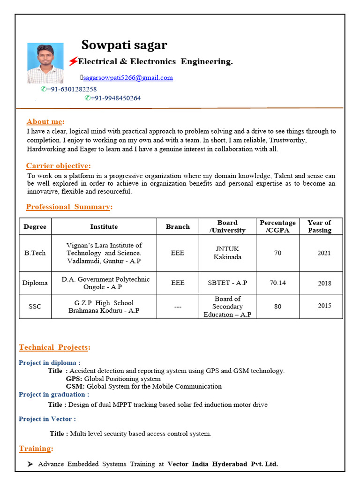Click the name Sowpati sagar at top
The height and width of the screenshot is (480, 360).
pyautogui.click(x=124, y=45)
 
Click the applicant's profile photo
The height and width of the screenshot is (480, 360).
pyautogui.click(x=45, y=63)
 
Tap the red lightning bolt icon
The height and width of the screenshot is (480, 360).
pyautogui.click(x=73, y=61)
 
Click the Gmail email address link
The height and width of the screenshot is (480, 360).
pyautogui.click(x=127, y=78)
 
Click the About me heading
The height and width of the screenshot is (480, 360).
pyautogui.click(x=45, y=122)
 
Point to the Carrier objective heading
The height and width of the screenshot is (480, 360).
pyautogui.click(x=57, y=166)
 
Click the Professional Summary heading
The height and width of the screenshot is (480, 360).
pyautogui.click(x=68, y=207)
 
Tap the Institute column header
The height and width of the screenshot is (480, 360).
pyautogui.click(x=104, y=226)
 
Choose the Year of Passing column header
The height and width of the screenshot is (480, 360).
pyautogui.click(x=319, y=226)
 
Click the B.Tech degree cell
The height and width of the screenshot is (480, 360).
pyautogui.click(x=35, y=253)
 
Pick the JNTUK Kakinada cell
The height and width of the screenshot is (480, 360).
pyautogui.click(x=227, y=253)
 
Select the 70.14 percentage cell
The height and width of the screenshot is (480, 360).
pyautogui.click(x=277, y=283)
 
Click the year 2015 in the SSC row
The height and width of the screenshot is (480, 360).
pyautogui.click(x=324, y=306)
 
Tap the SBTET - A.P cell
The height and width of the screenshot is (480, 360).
pyautogui.click(x=227, y=283)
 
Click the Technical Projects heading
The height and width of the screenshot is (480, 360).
pyautogui.click(x=54, y=347)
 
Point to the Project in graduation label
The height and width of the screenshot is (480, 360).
pyautogui.click(x=53, y=395)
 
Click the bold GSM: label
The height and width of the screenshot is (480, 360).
pyautogui.click(x=75, y=387)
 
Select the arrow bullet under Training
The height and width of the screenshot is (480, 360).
pyautogui.click(x=30, y=464)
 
